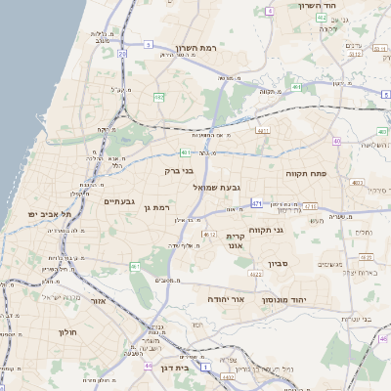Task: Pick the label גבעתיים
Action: pyautogui.click(x=119, y=200)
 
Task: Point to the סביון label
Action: pyautogui.click(x=281, y=264)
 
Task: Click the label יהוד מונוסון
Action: pyautogui.click(x=284, y=299)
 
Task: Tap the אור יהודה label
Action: pyautogui.click(x=224, y=298)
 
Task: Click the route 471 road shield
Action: pyautogui.click(x=256, y=203)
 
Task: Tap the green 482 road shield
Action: pyautogui.click(x=158, y=97)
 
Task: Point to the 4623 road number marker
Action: pyautogui.click(x=256, y=275)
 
